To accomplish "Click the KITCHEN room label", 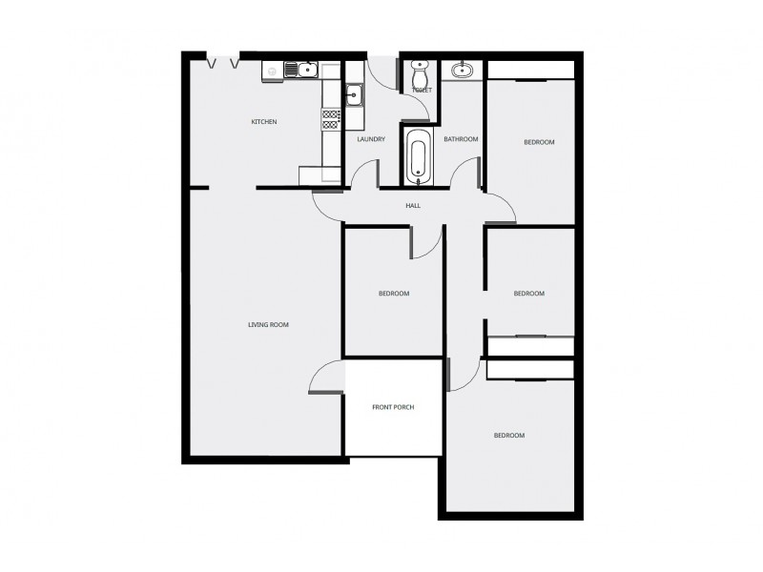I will point(264,122).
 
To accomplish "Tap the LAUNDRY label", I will point(371,139).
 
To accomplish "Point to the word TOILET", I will point(422,91).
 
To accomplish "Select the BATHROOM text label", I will point(461,139).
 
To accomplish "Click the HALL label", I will point(413,205).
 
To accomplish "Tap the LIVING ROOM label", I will point(268,325).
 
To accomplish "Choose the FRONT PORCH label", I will point(393,408).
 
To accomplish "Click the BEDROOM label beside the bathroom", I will point(539,142).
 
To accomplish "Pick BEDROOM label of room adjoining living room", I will point(393,294).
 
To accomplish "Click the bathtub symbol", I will point(418,157).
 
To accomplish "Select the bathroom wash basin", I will point(463,70).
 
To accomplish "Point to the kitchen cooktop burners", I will point(331,119).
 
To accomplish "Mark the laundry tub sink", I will point(354,93).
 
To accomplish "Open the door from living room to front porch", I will point(327,379).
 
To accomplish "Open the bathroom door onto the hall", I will point(465,174).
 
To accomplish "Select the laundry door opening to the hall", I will point(364,176).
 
